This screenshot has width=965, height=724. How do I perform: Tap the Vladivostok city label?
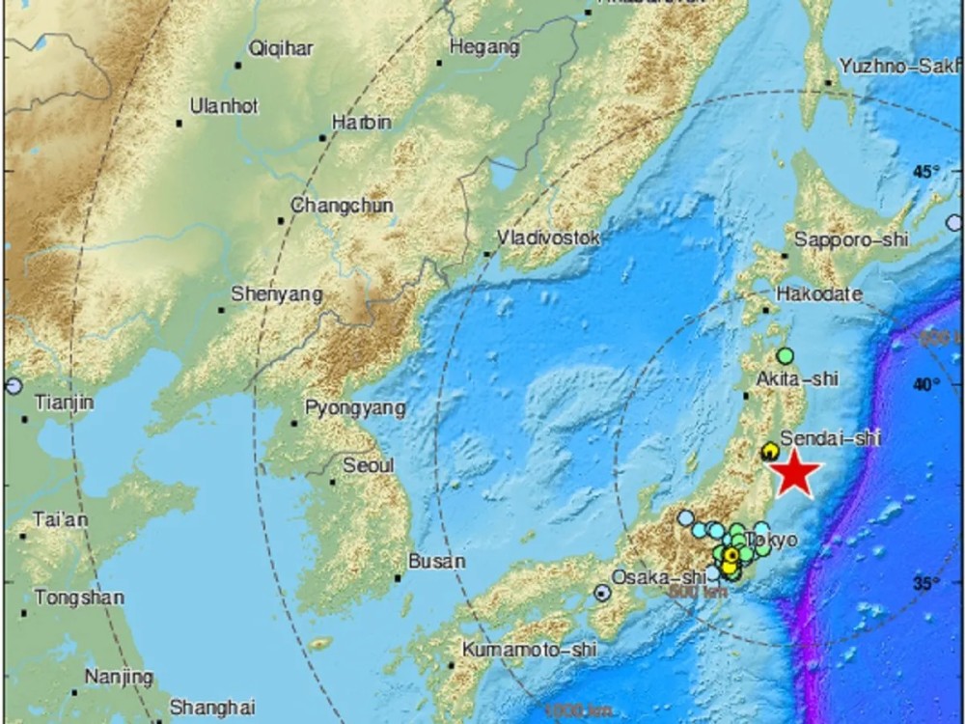click(548, 237)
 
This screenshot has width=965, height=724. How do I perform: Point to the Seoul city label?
click(369, 465)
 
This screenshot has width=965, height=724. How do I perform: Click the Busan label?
click(436, 561)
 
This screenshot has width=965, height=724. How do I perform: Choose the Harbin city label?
click(361, 123)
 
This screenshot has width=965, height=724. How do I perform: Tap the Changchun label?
click(328, 206)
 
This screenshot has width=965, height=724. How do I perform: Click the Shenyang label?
click(277, 294)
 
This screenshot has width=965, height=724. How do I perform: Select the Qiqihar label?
click(281, 49)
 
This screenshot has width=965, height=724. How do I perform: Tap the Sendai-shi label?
click(830, 437)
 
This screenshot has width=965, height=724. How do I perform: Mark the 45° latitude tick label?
click(927, 172)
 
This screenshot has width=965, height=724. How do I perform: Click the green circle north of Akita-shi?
click(786, 355)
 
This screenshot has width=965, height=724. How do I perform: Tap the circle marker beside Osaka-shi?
click(602, 593)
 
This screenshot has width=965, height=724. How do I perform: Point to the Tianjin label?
click(64, 403)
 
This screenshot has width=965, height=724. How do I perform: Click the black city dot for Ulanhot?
click(179, 124)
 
